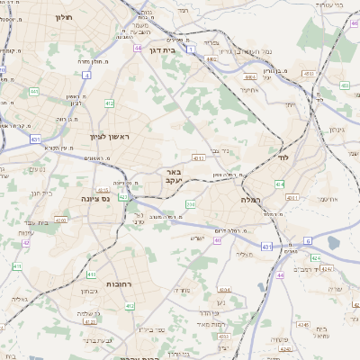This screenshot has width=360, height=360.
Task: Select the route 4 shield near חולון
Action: pos(87,75)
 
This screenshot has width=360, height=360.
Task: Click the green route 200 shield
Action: pos(190,204)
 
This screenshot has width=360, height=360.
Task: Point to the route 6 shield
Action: pos(307,240)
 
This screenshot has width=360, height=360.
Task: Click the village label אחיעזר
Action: pos(251,90)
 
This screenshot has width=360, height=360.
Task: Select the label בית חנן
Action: pos(41,192)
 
